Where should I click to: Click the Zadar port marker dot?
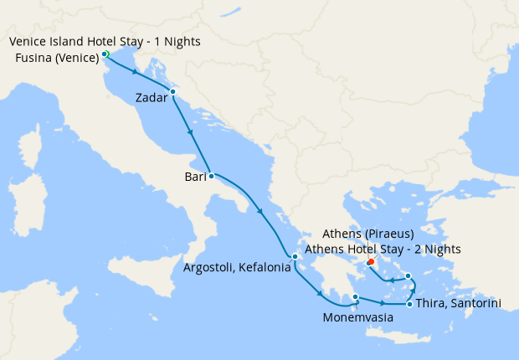coord(172,91)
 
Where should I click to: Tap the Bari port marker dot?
coord(211,176)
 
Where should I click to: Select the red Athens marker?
coord(370,261)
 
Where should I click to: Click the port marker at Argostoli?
coord(295,257)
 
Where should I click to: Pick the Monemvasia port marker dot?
coord(356,296)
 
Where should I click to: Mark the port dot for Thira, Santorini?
coord(409,304)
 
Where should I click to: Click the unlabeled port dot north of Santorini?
coord(408,275)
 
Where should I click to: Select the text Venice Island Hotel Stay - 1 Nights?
coord(105,41)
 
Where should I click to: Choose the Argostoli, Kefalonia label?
coord(237,268)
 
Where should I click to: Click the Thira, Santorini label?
coord(459,304)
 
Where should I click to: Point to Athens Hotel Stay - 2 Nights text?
coord(383,249)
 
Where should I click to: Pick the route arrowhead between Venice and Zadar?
coord(136,72)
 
